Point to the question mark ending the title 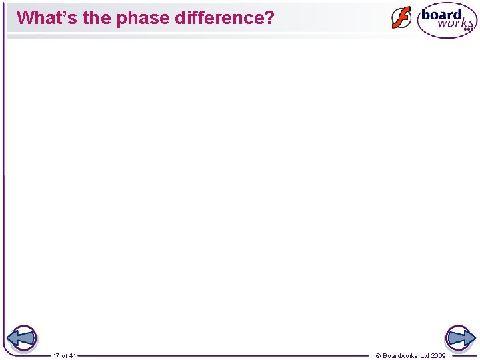point(269,17)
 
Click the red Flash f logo point(401,18)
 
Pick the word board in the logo point(441,14)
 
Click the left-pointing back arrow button point(23,338)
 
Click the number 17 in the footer point(57,356)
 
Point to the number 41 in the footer point(73,356)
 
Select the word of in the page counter point(65,356)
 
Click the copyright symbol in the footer point(379,356)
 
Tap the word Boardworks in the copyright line point(400,356)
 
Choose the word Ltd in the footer point(425,356)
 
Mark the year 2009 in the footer point(439,356)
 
